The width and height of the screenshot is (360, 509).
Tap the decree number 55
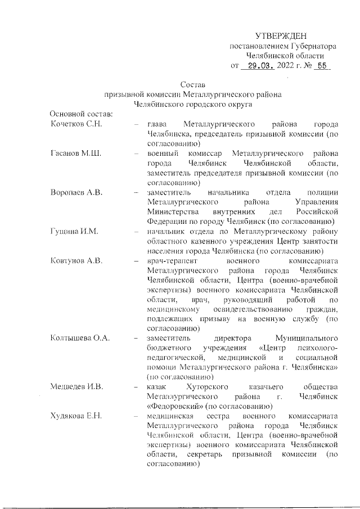[x=322, y=66]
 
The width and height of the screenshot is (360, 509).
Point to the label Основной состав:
[x=81, y=114]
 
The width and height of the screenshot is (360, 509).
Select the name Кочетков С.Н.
[x=76, y=124]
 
